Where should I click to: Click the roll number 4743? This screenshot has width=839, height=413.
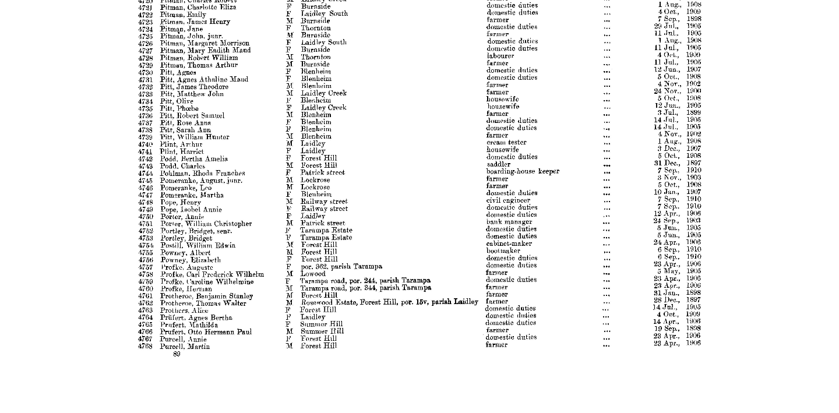(146, 166)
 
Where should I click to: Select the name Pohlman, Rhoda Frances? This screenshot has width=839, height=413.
(202, 174)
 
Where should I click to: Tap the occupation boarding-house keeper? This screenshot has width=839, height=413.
(523, 171)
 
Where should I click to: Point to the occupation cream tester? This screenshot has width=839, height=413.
(506, 142)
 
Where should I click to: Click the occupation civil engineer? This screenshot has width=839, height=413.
(508, 200)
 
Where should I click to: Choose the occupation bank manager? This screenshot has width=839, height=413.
(509, 222)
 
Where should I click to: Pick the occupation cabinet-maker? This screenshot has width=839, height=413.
(509, 243)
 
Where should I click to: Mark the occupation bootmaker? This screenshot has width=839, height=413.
(503, 251)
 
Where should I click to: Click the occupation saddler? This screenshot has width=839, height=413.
(498, 164)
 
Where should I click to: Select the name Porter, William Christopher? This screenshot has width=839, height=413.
(206, 224)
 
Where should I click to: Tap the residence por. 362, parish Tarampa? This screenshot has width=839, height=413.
(341, 267)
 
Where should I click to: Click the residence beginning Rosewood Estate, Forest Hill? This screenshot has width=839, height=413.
(389, 302)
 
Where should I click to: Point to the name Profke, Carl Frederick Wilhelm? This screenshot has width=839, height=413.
(212, 274)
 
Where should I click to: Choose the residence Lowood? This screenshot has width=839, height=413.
(313, 274)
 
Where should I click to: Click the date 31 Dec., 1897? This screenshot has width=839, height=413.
(677, 163)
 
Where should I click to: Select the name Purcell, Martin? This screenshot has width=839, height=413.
(185, 347)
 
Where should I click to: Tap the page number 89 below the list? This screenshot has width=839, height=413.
(177, 354)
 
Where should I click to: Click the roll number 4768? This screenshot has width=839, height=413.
(146, 347)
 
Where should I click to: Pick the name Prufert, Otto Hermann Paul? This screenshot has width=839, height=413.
(206, 332)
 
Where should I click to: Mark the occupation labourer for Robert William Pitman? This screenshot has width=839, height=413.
(500, 56)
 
